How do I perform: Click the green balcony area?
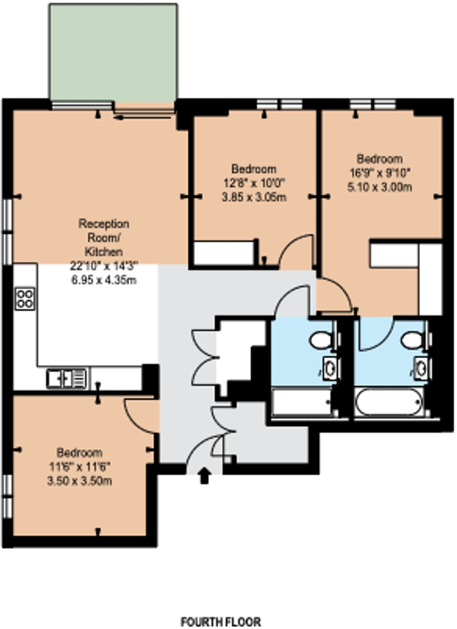coord(113,52)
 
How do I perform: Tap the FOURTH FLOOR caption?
coord(221,622)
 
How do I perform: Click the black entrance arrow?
coord(204,476)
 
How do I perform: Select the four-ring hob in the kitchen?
coord(25,299)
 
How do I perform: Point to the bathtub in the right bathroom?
coord(389,402)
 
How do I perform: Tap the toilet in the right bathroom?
coord(412,340)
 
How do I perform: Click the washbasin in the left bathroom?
coord(330,369)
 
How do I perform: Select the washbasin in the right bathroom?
coord(421,369)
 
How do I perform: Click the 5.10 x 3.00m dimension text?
coord(379,187)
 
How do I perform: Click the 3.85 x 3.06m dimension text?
coord(254,197)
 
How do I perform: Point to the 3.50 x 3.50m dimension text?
coord(80,481)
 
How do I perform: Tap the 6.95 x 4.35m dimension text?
coord(104,280)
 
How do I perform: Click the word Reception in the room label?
coord(104,224)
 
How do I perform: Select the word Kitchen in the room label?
coord(103,252)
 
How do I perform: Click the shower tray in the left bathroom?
coord(301,402)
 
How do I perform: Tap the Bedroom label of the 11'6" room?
coord(79,453)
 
